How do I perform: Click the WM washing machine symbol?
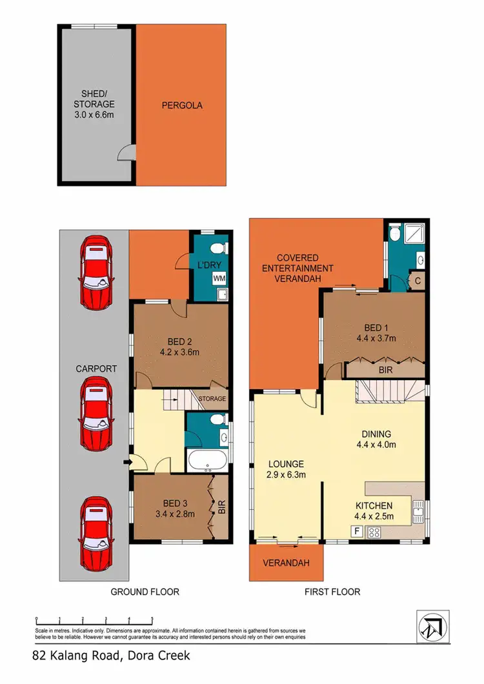tap(220, 278)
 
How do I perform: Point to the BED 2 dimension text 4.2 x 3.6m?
tap(180, 352)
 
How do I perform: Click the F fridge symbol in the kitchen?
tap(354, 532)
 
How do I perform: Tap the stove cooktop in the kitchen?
tap(373, 532)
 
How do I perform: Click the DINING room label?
tap(376, 434)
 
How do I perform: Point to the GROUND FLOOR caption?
tap(145, 591)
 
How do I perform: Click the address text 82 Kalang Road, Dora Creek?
tap(112, 655)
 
